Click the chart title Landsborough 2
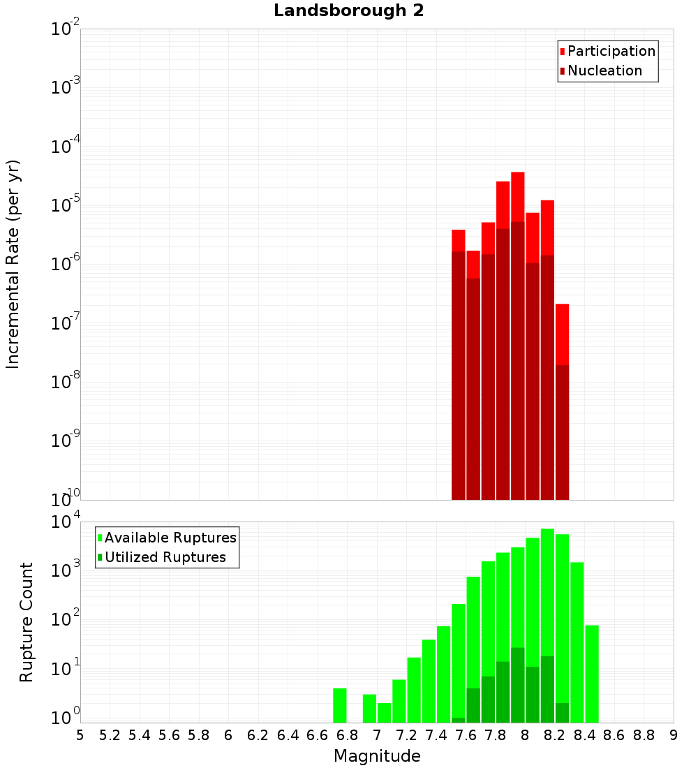(x=348, y=11)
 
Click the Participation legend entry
(x=607, y=52)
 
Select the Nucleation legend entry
(x=600, y=71)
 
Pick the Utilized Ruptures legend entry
(x=161, y=558)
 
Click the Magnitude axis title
(x=377, y=756)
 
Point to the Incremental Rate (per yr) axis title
(x=13, y=265)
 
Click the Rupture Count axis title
(x=27, y=622)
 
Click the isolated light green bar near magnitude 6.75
(x=340, y=705)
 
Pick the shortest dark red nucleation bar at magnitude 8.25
(x=562, y=433)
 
